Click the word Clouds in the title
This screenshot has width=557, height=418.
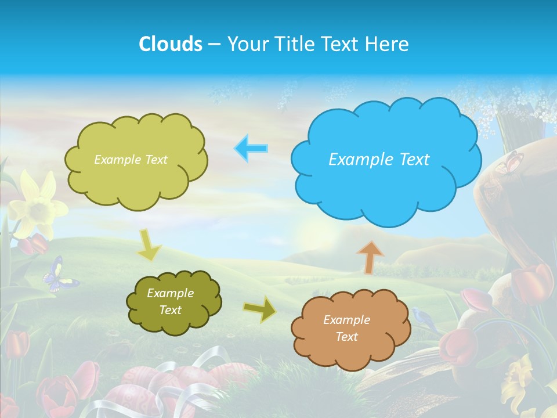(x=170, y=44)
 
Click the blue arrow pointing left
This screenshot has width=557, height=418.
(x=251, y=148)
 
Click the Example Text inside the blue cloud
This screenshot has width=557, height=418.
(x=379, y=160)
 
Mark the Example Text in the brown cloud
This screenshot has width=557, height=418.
(x=346, y=328)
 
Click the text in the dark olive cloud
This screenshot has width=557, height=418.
(x=170, y=301)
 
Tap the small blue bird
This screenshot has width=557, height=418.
(x=424, y=318)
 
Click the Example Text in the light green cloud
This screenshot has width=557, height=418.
(x=131, y=160)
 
